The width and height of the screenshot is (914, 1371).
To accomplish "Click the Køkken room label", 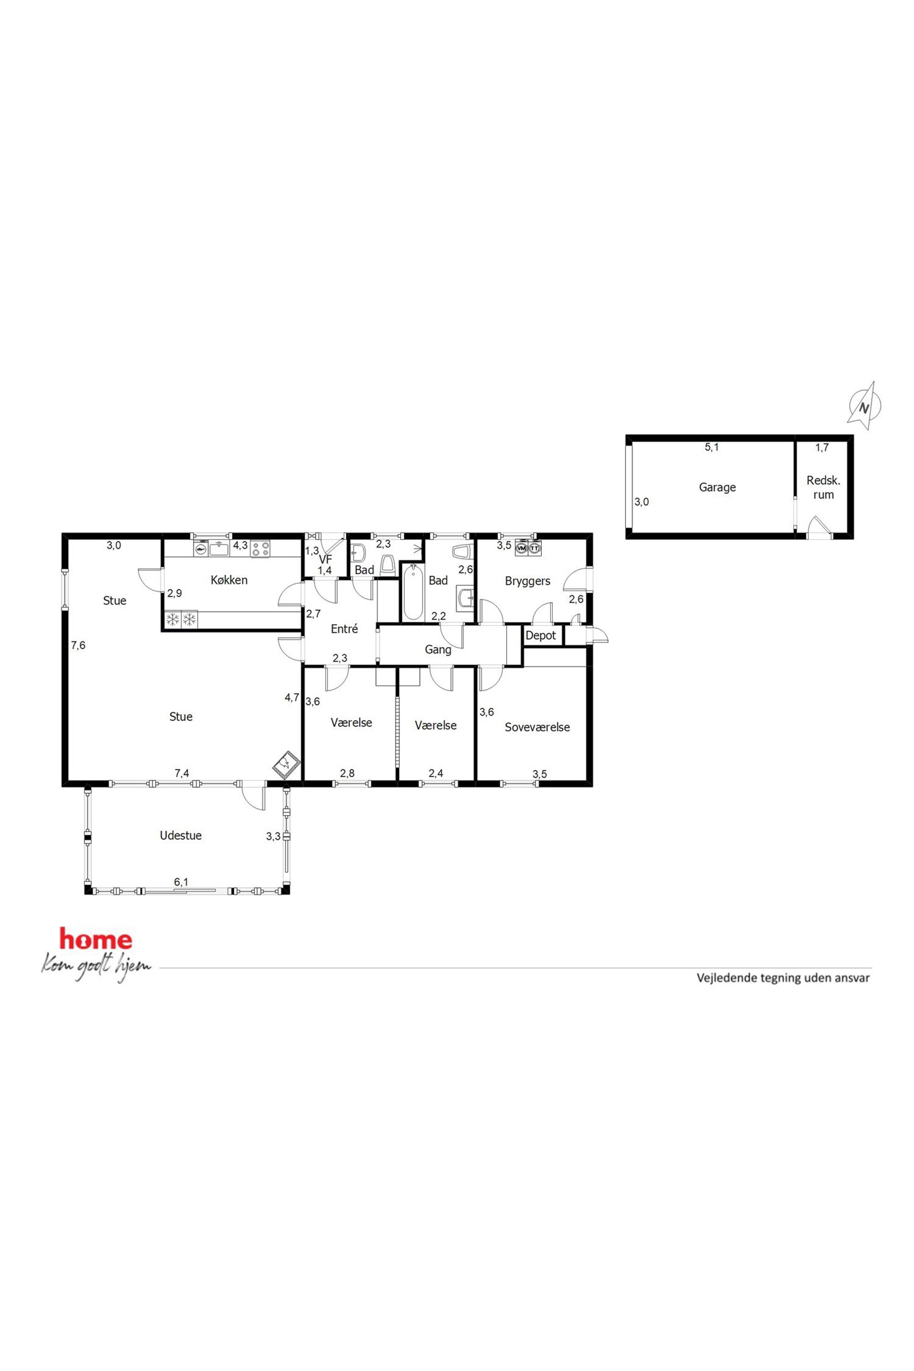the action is (x=229, y=580).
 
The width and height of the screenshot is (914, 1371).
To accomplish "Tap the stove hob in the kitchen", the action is (x=261, y=549).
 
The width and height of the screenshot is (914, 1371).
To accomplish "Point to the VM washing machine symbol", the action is (x=521, y=549).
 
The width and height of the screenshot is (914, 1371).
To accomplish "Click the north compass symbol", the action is (x=864, y=406).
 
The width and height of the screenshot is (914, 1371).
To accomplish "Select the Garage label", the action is (x=717, y=487).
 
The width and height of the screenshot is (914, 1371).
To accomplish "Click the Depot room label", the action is (x=540, y=635).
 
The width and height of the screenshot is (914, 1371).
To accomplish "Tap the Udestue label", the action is (x=181, y=835).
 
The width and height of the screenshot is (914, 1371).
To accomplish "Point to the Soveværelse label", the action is (x=537, y=727).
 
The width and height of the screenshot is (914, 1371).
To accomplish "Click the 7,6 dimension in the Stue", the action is (x=78, y=645).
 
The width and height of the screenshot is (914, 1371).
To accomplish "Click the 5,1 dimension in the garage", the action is (x=712, y=448).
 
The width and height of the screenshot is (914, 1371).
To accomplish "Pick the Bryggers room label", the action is (x=527, y=581).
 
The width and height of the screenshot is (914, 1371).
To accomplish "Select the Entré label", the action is (x=344, y=629).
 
